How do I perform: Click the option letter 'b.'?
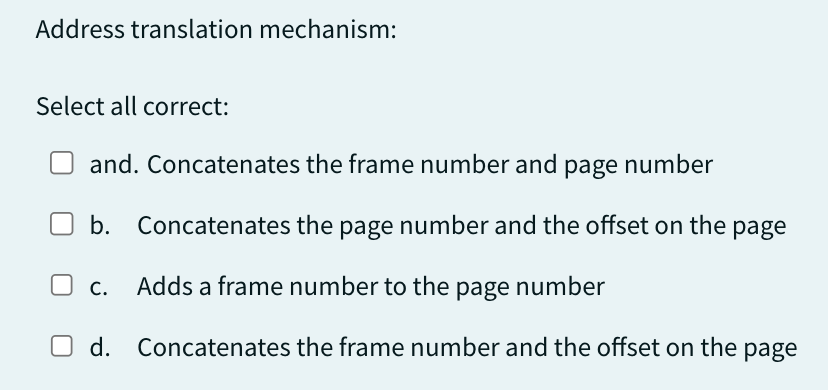pyautogui.click(x=100, y=226)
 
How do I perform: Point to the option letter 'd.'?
pyautogui.click(x=100, y=348)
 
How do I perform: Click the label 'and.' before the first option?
pyautogui.click(x=114, y=165)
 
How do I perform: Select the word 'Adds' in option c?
pyautogui.click(x=161, y=287)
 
